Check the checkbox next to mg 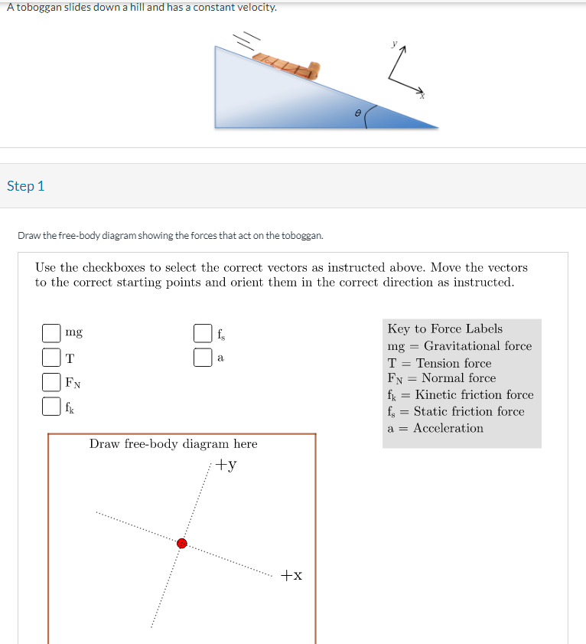[x=51, y=333]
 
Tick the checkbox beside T [x=51, y=358]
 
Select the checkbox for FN [x=51, y=381]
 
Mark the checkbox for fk [x=51, y=406]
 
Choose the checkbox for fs [x=203, y=333]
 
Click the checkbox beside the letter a [x=203, y=358]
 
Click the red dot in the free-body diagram [x=182, y=543]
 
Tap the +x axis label [x=291, y=575]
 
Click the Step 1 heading [x=26, y=186]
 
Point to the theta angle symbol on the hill [x=357, y=112]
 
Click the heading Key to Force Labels [x=444, y=329]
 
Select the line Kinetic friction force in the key [x=474, y=395]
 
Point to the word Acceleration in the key [x=448, y=429]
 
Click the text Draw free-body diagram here [x=173, y=444]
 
